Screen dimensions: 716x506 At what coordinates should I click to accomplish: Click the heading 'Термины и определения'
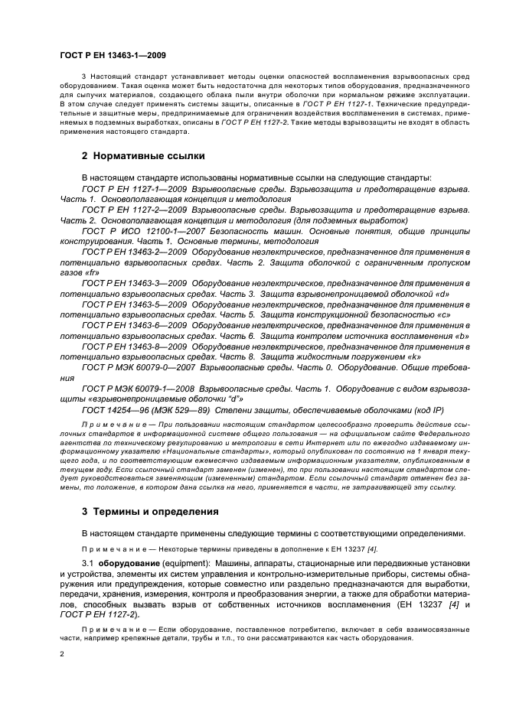pyautogui.click(x=150, y=510)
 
